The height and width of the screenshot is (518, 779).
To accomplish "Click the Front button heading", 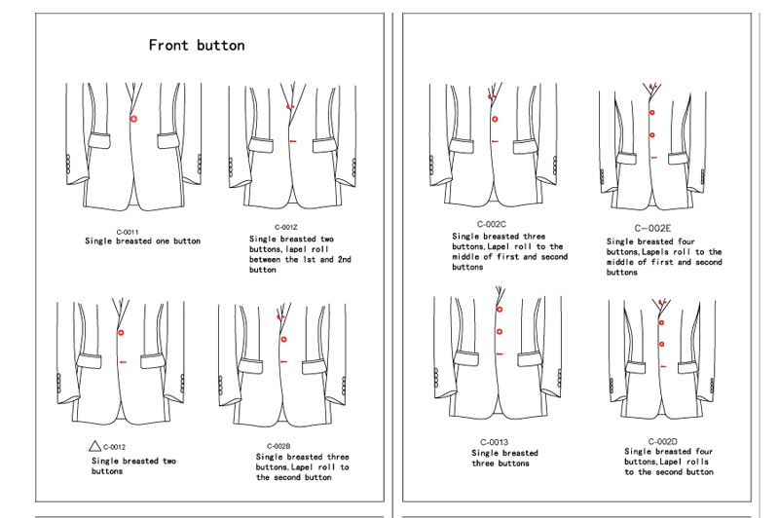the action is pyautogui.click(x=197, y=45).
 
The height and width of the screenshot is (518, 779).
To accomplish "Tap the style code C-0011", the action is pyautogui.click(x=128, y=232).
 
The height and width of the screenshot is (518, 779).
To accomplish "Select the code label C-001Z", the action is pyautogui.click(x=286, y=228).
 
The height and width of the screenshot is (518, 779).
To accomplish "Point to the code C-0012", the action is pyautogui.click(x=114, y=447).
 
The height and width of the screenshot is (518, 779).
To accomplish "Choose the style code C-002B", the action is pyautogui.click(x=278, y=446).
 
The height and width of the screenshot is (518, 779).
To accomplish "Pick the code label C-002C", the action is pyautogui.click(x=492, y=225).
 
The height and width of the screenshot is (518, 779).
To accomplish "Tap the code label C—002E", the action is pyautogui.click(x=652, y=229).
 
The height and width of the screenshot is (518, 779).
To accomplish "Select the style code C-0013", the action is pyautogui.click(x=494, y=442).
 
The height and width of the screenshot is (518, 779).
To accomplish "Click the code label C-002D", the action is pyautogui.click(x=663, y=441).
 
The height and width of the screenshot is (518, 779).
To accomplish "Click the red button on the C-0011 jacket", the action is pyautogui.click(x=133, y=119).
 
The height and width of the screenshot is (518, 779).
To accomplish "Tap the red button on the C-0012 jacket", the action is pyautogui.click(x=121, y=333).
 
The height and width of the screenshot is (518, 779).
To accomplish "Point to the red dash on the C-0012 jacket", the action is pyautogui.click(x=124, y=362).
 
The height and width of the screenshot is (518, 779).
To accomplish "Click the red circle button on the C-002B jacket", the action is pyautogui.click(x=283, y=339).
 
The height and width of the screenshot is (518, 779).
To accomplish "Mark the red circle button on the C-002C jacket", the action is pyautogui.click(x=495, y=119).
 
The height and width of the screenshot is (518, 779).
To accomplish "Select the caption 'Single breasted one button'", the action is pyautogui.click(x=142, y=240).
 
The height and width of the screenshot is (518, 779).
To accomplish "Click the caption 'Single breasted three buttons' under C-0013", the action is pyautogui.click(x=503, y=458).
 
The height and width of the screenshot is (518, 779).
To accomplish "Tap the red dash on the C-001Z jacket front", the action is pyautogui.click(x=293, y=141).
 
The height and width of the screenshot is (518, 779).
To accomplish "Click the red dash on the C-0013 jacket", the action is pyautogui.click(x=500, y=354).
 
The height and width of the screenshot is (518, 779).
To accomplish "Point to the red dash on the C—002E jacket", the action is pyautogui.click(x=653, y=158).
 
